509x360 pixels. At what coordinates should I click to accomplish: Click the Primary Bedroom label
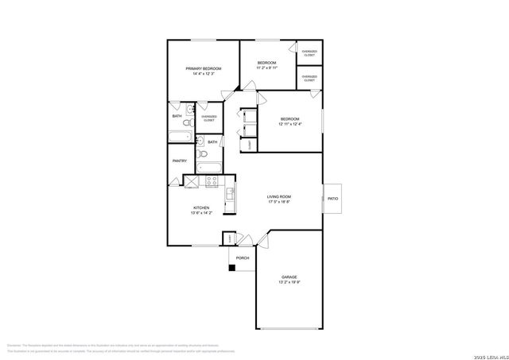(x=203, y=69)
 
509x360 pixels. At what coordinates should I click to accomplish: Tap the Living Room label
(x=278, y=196)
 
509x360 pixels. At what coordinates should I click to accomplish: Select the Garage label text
(x=289, y=277)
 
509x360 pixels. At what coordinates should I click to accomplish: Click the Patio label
(x=332, y=199)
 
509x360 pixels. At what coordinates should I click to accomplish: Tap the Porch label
(x=243, y=257)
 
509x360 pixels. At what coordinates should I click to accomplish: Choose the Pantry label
(x=180, y=161)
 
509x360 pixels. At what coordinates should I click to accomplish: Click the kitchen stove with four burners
(x=212, y=180)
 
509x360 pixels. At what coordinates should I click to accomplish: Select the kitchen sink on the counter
(x=230, y=192)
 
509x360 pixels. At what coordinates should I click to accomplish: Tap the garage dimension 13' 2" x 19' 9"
(x=289, y=282)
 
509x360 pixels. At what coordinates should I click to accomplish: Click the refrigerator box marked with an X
(x=192, y=180)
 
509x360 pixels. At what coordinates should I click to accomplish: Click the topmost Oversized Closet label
(x=309, y=53)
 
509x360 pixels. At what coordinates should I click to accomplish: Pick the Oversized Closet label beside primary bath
(x=209, y=118)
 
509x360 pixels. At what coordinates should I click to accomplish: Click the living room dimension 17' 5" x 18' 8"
(x=278, y=202)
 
